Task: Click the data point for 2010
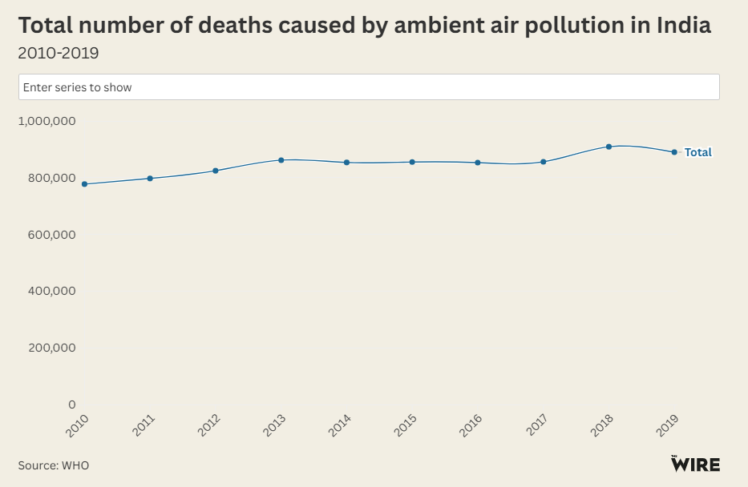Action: coord(84,184)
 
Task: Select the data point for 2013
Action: coord(281,160)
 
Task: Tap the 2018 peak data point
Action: coord(609,147)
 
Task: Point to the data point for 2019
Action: coord(674,152)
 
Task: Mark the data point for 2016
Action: coord(478,163)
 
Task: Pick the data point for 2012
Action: coord(216,171)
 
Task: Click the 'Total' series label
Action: coord(697,152)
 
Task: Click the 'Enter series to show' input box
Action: coord(369,87)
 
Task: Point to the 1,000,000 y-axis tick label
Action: coord(47,121)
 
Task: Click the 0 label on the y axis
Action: coord(71,404)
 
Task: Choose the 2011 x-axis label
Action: coord(144,425)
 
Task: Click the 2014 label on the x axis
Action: coord(340,425)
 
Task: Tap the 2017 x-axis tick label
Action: coord(536,425)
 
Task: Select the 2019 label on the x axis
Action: coord(668,425)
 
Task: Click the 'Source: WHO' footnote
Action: coord(54,465)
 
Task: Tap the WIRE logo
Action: coord(695,464)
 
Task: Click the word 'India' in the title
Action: coord(683,26)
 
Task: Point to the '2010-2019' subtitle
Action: coord(59,54)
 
